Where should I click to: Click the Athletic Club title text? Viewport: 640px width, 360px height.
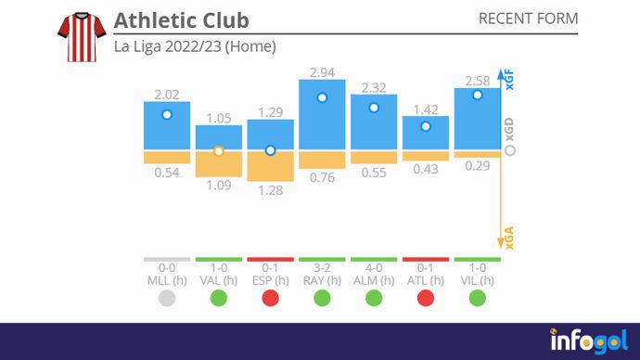coord(181,20)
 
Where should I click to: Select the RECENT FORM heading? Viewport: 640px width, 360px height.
coord(528,19)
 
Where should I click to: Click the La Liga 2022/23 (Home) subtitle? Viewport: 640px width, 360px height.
coord(195,45)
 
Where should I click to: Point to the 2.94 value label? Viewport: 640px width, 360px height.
coord(322,71)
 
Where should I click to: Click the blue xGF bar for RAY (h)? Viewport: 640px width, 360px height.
coord(322,115)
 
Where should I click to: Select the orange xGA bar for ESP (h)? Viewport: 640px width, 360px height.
coord(270,165)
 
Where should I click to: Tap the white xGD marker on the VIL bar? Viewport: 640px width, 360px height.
coord(478,95)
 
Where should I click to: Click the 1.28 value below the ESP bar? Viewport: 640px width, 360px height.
coord(270,189)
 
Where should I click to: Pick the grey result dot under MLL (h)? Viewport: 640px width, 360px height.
coord(167,298)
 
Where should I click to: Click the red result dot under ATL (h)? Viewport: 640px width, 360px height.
coord(426,298)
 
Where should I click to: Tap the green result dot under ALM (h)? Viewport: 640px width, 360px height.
coord(374,298)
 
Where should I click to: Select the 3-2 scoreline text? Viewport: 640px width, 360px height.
coord(322,267)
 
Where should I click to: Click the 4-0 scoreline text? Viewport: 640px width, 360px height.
coord(374,267)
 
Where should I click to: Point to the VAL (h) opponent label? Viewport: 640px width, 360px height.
coord(219,279)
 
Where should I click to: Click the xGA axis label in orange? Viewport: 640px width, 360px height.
coord(509,238)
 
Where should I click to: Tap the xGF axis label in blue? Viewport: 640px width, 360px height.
coord(509,82)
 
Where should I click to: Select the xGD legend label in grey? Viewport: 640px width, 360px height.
coord(510,128)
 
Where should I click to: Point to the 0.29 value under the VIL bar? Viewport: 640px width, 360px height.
coord(478,165)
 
